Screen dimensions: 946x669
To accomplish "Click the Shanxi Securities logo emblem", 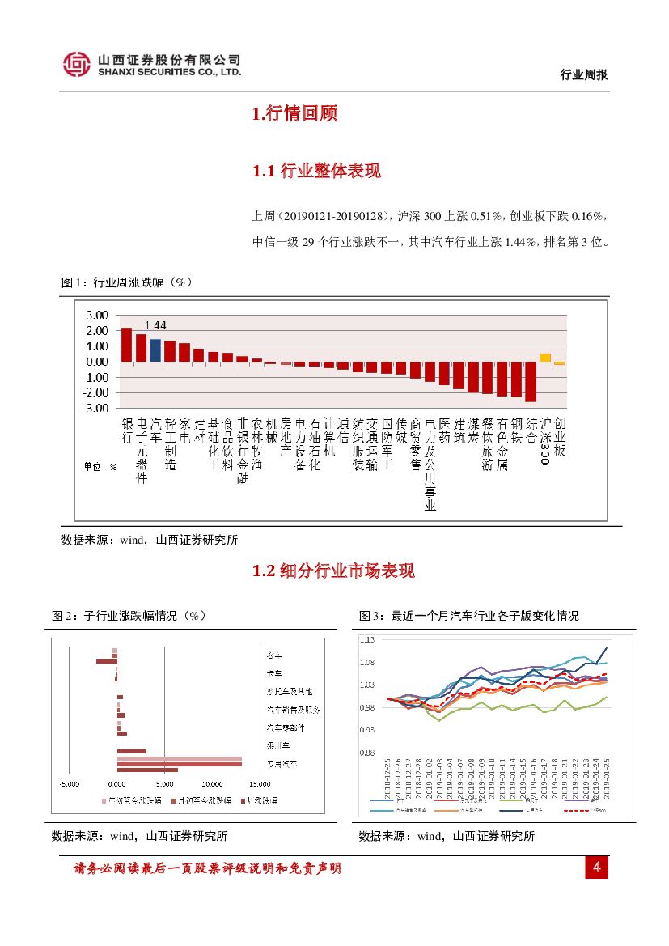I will coord(77,64).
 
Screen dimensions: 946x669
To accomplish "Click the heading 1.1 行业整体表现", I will coord(316,171).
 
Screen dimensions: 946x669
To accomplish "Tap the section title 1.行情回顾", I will coord(294,114).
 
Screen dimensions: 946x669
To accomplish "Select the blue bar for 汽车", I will coord(155,350).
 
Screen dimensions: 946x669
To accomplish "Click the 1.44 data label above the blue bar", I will coord(155,325).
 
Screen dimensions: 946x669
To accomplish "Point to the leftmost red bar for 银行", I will coord(126,345).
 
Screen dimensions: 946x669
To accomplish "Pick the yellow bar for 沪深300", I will coord(545,358).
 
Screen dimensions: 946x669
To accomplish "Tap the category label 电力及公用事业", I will coord(430,465).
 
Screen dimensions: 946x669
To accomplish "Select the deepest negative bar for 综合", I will coord(531,381).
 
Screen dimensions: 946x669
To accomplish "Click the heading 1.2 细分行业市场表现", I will coord(333,571).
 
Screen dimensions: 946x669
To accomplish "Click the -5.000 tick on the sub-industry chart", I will coord(69,783).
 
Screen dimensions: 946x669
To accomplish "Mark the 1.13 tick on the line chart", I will coord(368,639).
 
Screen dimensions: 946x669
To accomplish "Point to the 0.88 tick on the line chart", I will coord(368,753).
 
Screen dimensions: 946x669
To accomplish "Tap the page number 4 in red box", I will coord(596,868).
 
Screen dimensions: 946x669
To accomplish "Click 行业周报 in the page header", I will coord(583,75).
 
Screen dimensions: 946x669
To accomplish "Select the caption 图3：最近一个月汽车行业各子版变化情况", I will coord(468,616).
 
